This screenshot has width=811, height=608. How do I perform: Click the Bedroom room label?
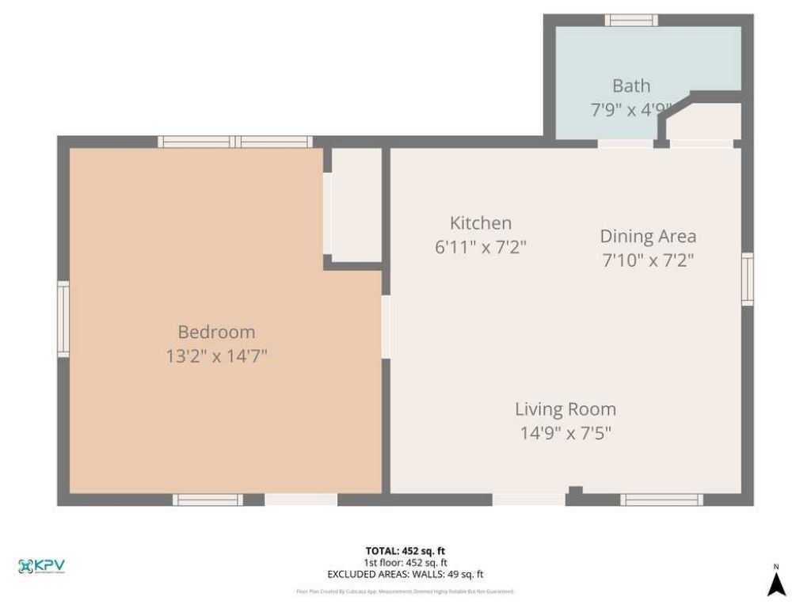(x=216, y=332)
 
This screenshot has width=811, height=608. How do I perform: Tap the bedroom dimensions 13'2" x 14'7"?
(x=216, y=355)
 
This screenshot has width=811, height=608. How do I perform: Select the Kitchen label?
(x=481, y=223)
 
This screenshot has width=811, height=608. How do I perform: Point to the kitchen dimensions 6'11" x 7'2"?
(x=481, y=246)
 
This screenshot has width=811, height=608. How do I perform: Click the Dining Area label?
(x=648, y=236)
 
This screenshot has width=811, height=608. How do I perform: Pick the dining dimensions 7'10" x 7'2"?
(x=648, y=260)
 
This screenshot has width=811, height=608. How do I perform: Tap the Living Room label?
(x=565, y=409)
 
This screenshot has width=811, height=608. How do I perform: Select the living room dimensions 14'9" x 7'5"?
(x=565, y=433)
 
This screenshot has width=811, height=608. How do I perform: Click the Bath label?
(x=631, y=85)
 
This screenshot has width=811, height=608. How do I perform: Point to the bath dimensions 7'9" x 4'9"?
(x=631, y=109)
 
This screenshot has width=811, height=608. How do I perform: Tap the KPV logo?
(x=41, y=566)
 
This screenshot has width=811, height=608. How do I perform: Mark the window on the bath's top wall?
(x=631, y=21)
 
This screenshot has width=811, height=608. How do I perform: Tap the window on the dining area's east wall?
(x=747, y=279)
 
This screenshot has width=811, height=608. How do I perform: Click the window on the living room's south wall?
(x=661, y=500)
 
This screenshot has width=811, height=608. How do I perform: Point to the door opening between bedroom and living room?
(x=386, y=326)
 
